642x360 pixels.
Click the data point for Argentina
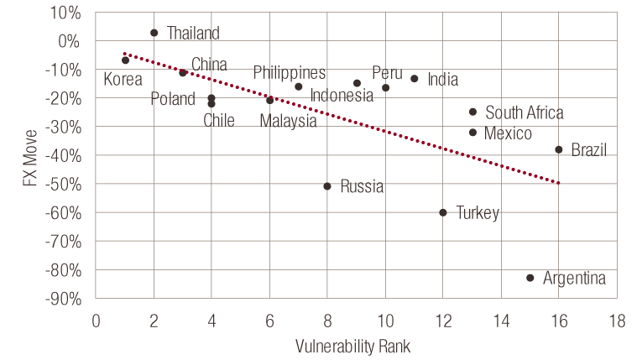point(530,278)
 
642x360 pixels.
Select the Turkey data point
point(443,212)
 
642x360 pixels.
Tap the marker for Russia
point(327,186)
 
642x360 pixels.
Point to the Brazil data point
point(558,149)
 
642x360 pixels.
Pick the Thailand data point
point(154,33)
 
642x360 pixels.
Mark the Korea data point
point(125,60)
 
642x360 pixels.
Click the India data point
point(414,79)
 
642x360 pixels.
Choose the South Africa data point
point(472,112)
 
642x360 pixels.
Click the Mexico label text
point(508,134)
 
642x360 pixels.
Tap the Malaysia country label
point(288,121)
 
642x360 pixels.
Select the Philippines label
point(290,73)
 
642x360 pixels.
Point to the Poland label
point(173,100)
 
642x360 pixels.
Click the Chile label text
point(218,120)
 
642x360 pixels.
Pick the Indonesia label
point(342,95)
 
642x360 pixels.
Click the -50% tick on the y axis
point(66,184)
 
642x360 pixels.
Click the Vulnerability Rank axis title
point(352,346)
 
